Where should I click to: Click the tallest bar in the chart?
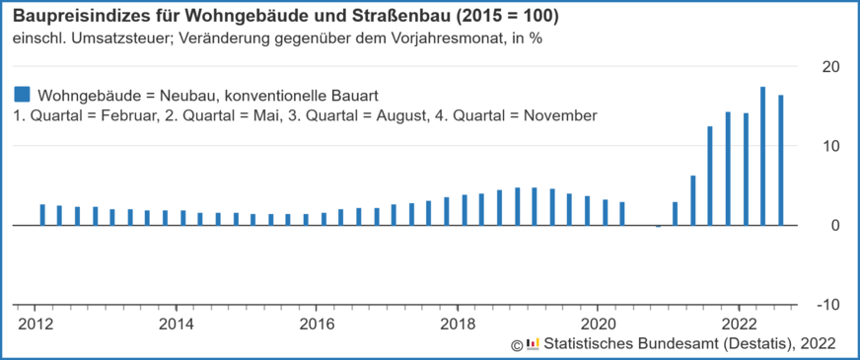pos(763,156)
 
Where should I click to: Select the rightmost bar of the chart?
pos(781,160)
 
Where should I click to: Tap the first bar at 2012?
pos(42,214)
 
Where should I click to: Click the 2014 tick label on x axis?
pos(176,323)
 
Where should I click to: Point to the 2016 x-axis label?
pos(317,323)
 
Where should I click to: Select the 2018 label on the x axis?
pos(458,323)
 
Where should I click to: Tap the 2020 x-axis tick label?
pos(599,323)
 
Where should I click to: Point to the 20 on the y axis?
pos(830,66)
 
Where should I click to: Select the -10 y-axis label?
pos(827,305)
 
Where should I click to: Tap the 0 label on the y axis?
pos(834,226)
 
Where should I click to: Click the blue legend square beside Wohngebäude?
pos(22,95)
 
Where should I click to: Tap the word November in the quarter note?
pos(562,115)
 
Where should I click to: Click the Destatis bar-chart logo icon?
pos(533,343)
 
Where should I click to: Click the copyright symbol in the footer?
pos(516,344)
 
